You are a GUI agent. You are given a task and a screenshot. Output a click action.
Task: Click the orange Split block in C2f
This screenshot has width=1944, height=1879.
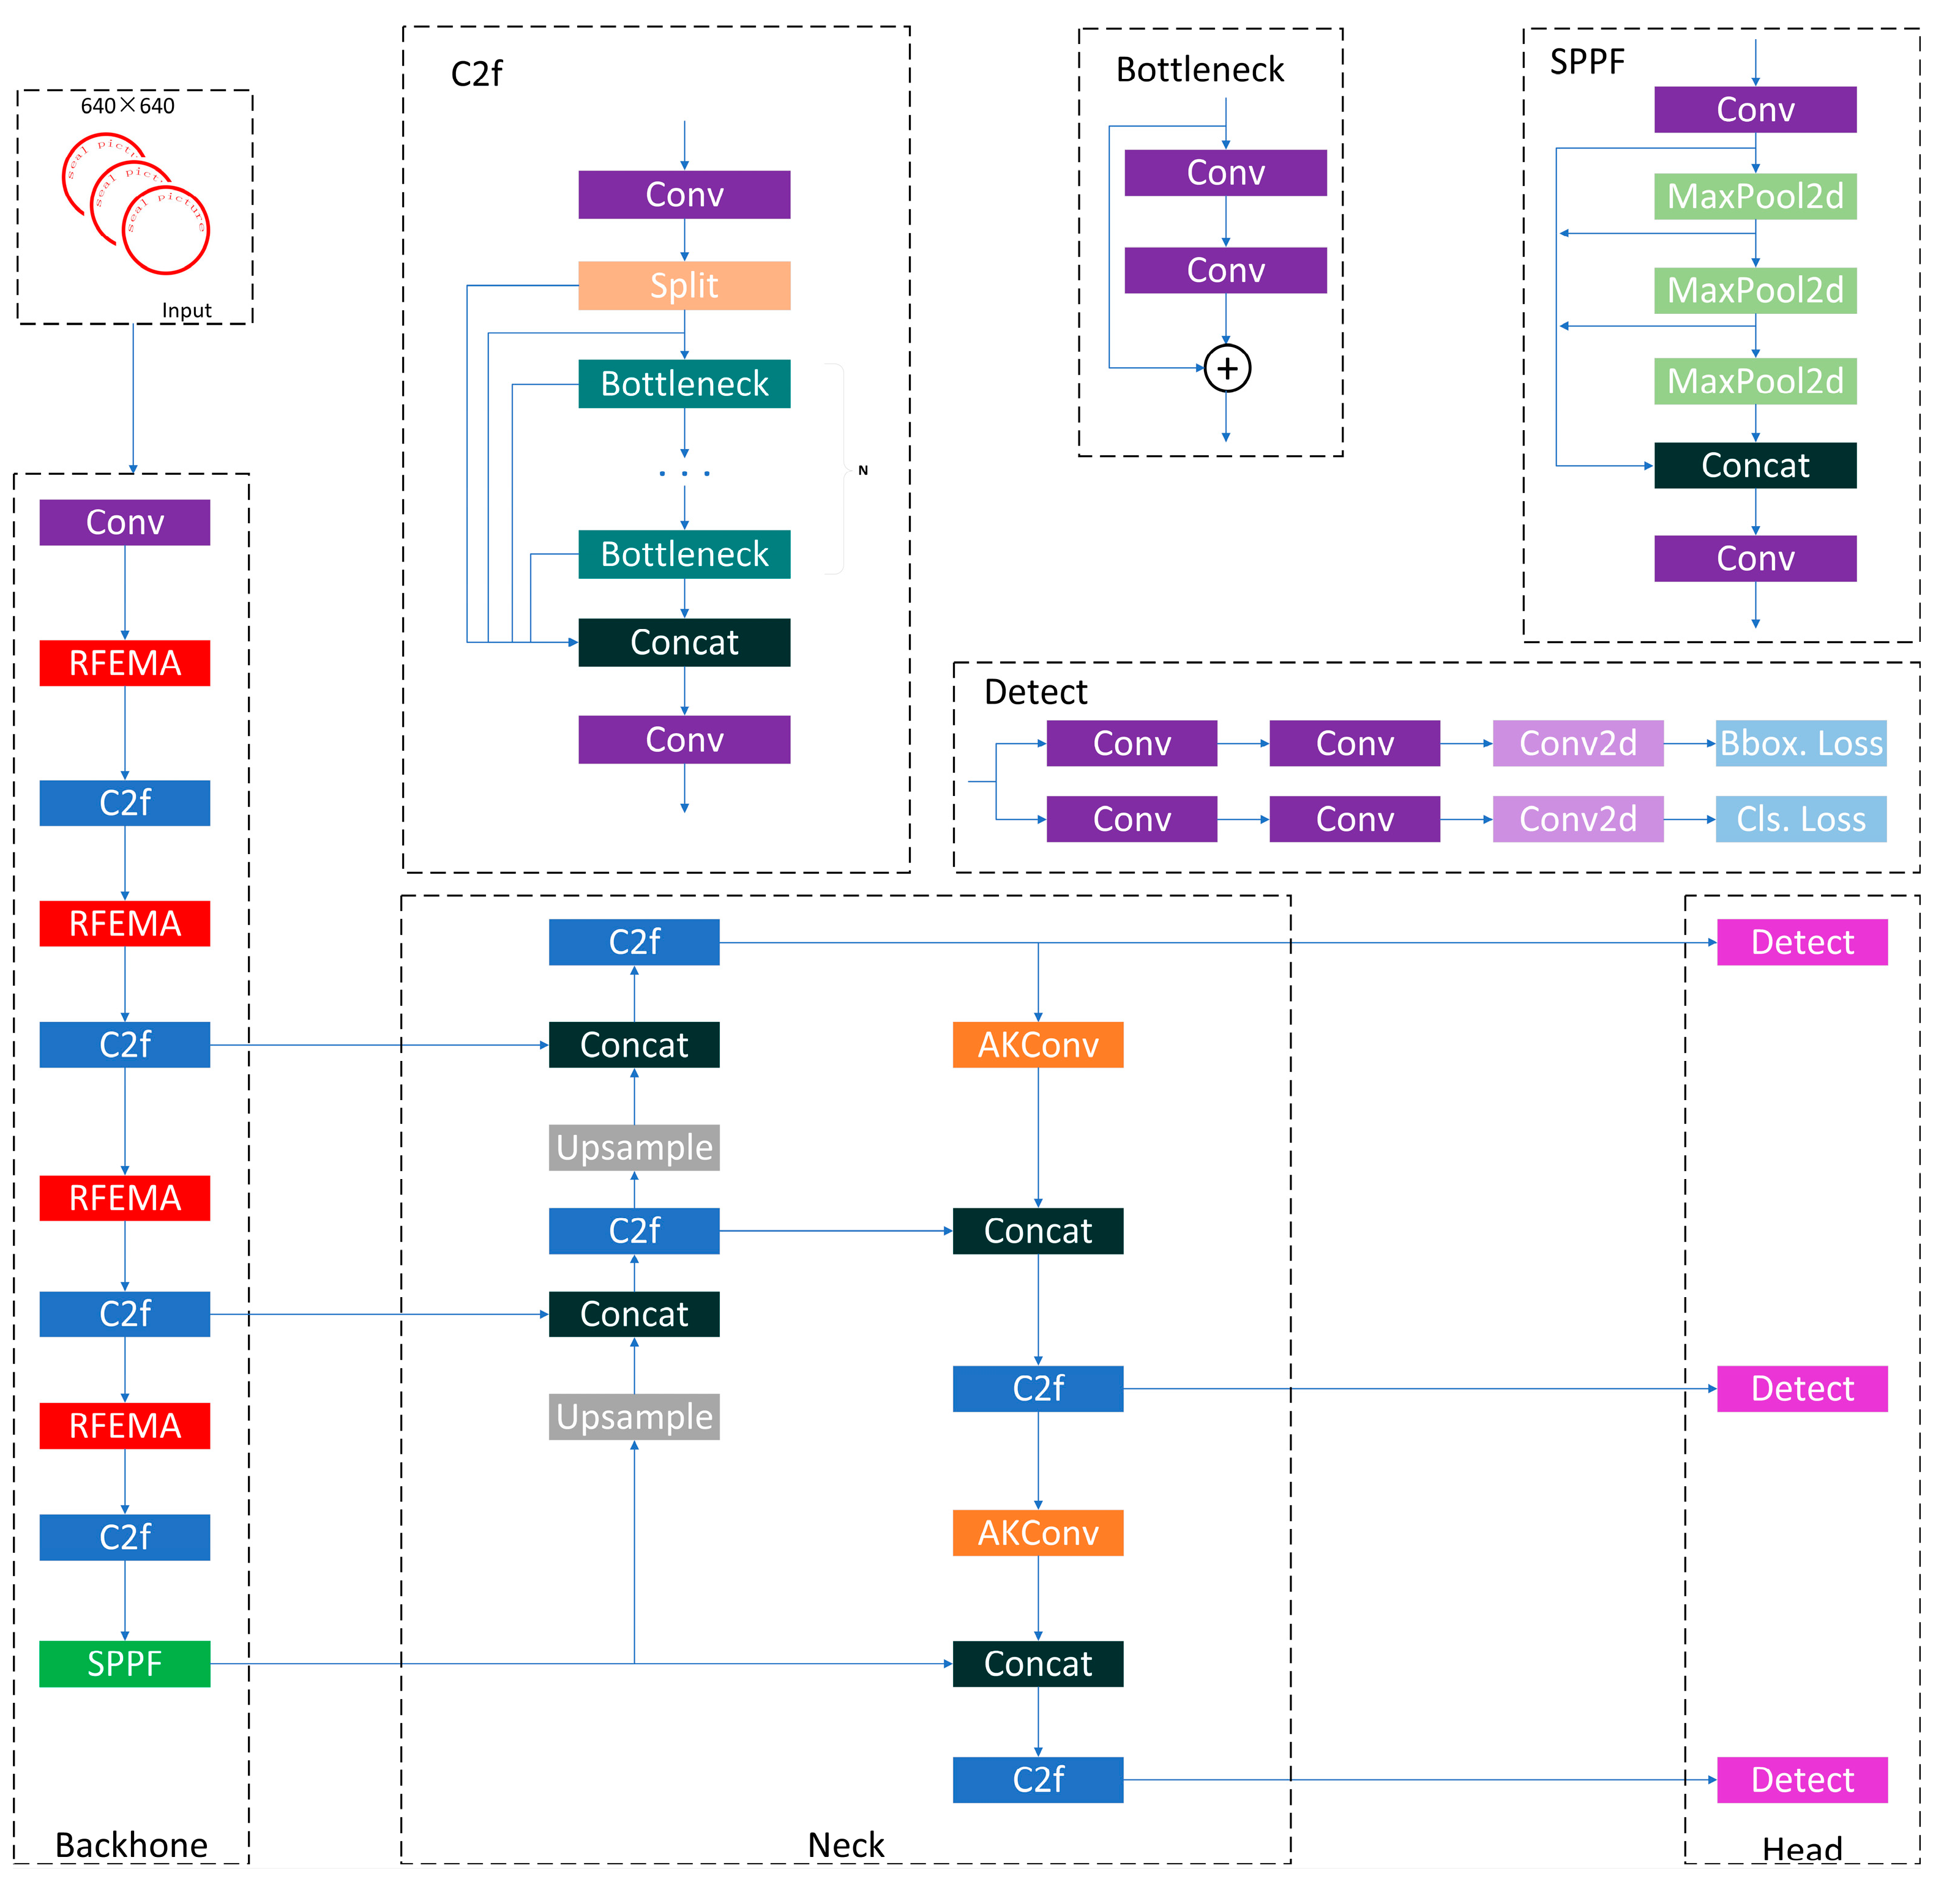(x=684, y=286)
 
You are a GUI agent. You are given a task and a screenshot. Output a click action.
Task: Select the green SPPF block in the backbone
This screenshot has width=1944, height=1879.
(x=125, y=1663)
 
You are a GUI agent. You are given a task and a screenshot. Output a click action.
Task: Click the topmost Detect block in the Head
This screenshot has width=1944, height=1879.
(x=1801, y=942)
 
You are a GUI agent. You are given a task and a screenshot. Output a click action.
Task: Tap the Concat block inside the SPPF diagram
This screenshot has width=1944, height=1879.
(x=1755, y=465)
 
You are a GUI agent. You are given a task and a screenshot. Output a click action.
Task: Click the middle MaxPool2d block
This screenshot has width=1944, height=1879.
(x=1755, y=291)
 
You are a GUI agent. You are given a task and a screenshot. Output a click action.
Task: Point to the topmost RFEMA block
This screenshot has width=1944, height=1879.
(x=125, y=663)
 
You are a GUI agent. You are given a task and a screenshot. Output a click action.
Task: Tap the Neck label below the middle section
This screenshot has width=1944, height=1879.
(x=845, y=1845)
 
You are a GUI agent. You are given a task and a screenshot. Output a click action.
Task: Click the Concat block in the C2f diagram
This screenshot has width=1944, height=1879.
(x=684, y=642)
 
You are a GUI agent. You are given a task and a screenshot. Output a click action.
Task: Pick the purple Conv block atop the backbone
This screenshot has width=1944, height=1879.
(x=125, y=523)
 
